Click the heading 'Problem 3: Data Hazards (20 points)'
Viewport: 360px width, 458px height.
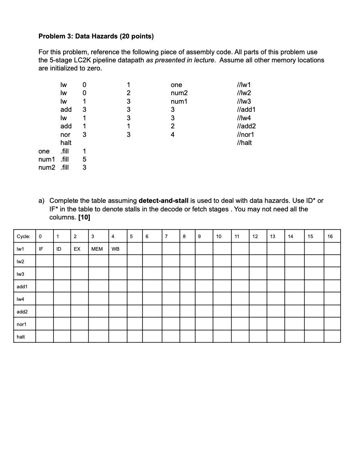point(96,36)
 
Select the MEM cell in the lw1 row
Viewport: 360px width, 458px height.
point(97,249)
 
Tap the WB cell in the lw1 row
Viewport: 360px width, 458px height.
point(115,249)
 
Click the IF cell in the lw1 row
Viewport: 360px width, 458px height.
point(41,249)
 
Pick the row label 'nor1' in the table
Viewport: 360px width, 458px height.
point(21,324)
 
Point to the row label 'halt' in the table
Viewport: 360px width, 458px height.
point(21,337)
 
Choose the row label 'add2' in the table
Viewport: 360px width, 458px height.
point(22,312)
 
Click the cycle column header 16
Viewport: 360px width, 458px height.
point(330,236)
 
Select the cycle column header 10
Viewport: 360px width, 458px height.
point(219,236)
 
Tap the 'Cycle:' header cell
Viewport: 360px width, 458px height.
point(23,236)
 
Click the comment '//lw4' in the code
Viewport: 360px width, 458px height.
point(244,118)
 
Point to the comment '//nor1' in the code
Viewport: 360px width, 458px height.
point(245,134)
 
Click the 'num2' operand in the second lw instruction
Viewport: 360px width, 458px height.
point(179,93)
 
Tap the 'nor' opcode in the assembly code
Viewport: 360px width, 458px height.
point(65,134)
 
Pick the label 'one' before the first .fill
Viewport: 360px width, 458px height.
point(44,151)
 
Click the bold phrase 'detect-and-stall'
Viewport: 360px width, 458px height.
point(163,201)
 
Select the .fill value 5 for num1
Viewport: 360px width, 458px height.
point(84,159)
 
